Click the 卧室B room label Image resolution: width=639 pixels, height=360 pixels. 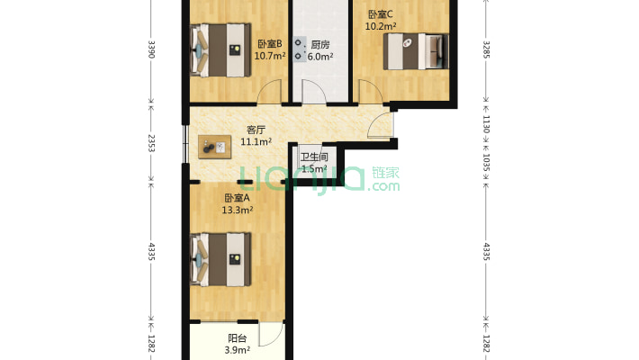pos(270,43)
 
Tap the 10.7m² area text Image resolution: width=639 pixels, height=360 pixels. pos(270,56)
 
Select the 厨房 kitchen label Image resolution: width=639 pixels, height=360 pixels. pos(320,44)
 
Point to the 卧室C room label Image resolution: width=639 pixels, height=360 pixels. pos(380,14)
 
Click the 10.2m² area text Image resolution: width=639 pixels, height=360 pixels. pos(381,26)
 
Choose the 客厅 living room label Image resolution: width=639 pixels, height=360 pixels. pos(256,130)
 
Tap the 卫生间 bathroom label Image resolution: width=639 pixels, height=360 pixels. pos(314,157)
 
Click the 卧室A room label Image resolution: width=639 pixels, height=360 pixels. pos(238,198)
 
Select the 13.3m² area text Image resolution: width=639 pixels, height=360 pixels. pos(238,211)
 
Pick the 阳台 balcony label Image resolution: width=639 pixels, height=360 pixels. pos(238,338)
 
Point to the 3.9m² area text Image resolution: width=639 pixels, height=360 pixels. pos(238,350)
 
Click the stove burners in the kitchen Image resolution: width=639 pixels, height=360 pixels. pos(299,49)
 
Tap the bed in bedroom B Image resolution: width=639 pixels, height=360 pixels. pos(220,50)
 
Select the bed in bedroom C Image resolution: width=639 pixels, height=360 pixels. pos(416,51)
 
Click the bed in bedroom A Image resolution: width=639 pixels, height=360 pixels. pos(220,260)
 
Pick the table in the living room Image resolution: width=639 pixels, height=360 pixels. pos(215,147)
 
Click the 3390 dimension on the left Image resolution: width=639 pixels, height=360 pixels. pos(151,49)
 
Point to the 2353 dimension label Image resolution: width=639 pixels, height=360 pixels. pos(151,143)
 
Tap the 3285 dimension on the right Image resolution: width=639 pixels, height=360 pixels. pos(486,49)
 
